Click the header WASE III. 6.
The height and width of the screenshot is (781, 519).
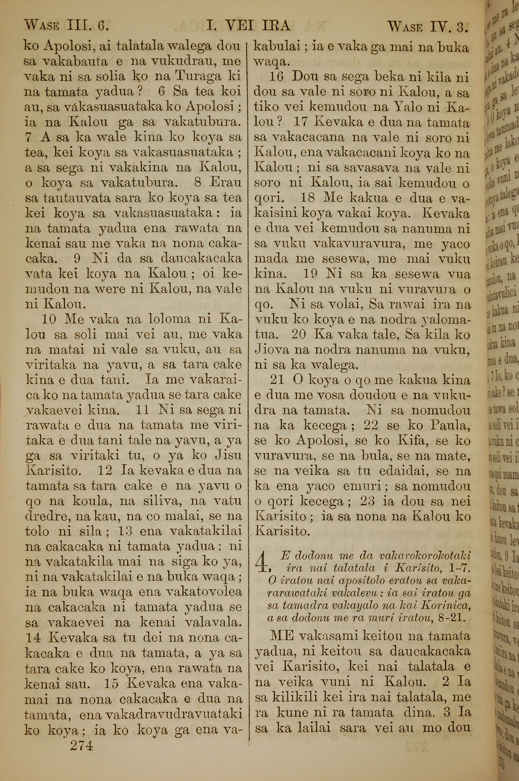click(66, 25)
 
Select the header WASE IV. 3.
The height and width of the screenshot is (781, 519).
click(428, 26)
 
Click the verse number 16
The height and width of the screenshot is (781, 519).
click(276, 77)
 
